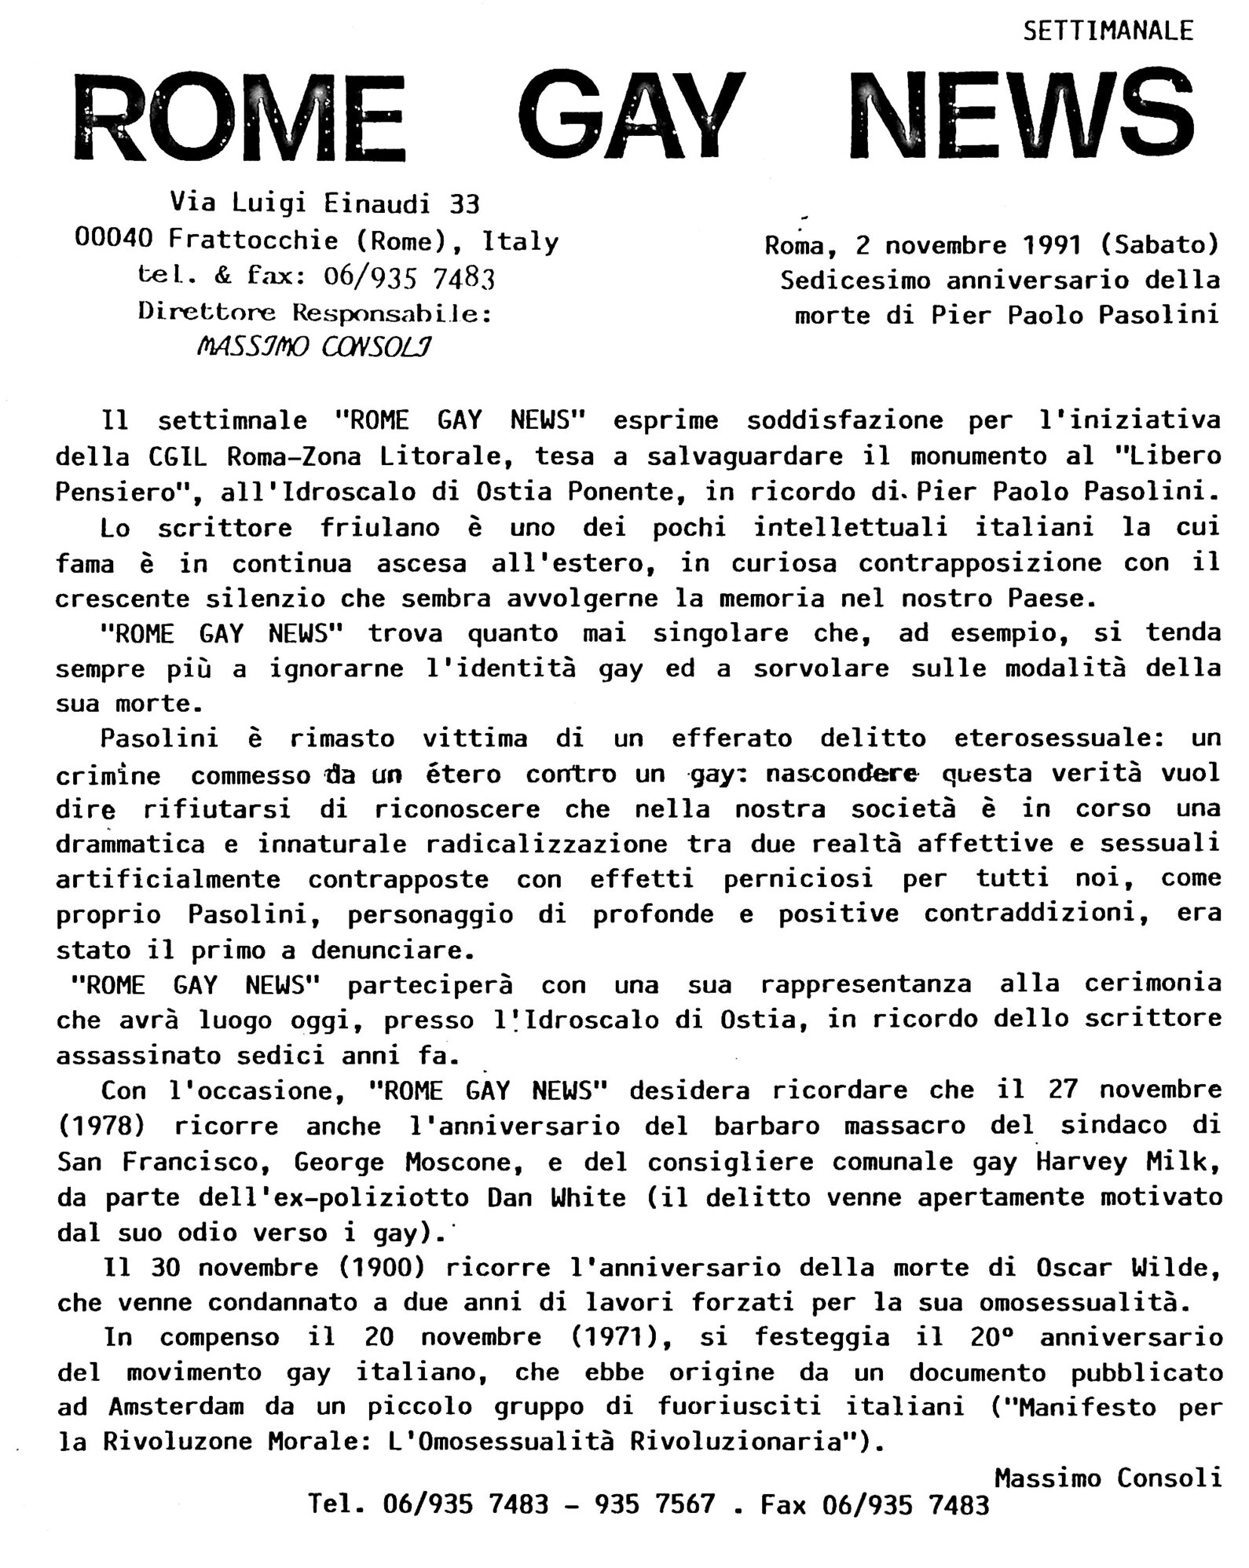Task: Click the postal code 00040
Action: [x=113, y=240]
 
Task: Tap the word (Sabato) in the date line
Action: [x=1159, y=245]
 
